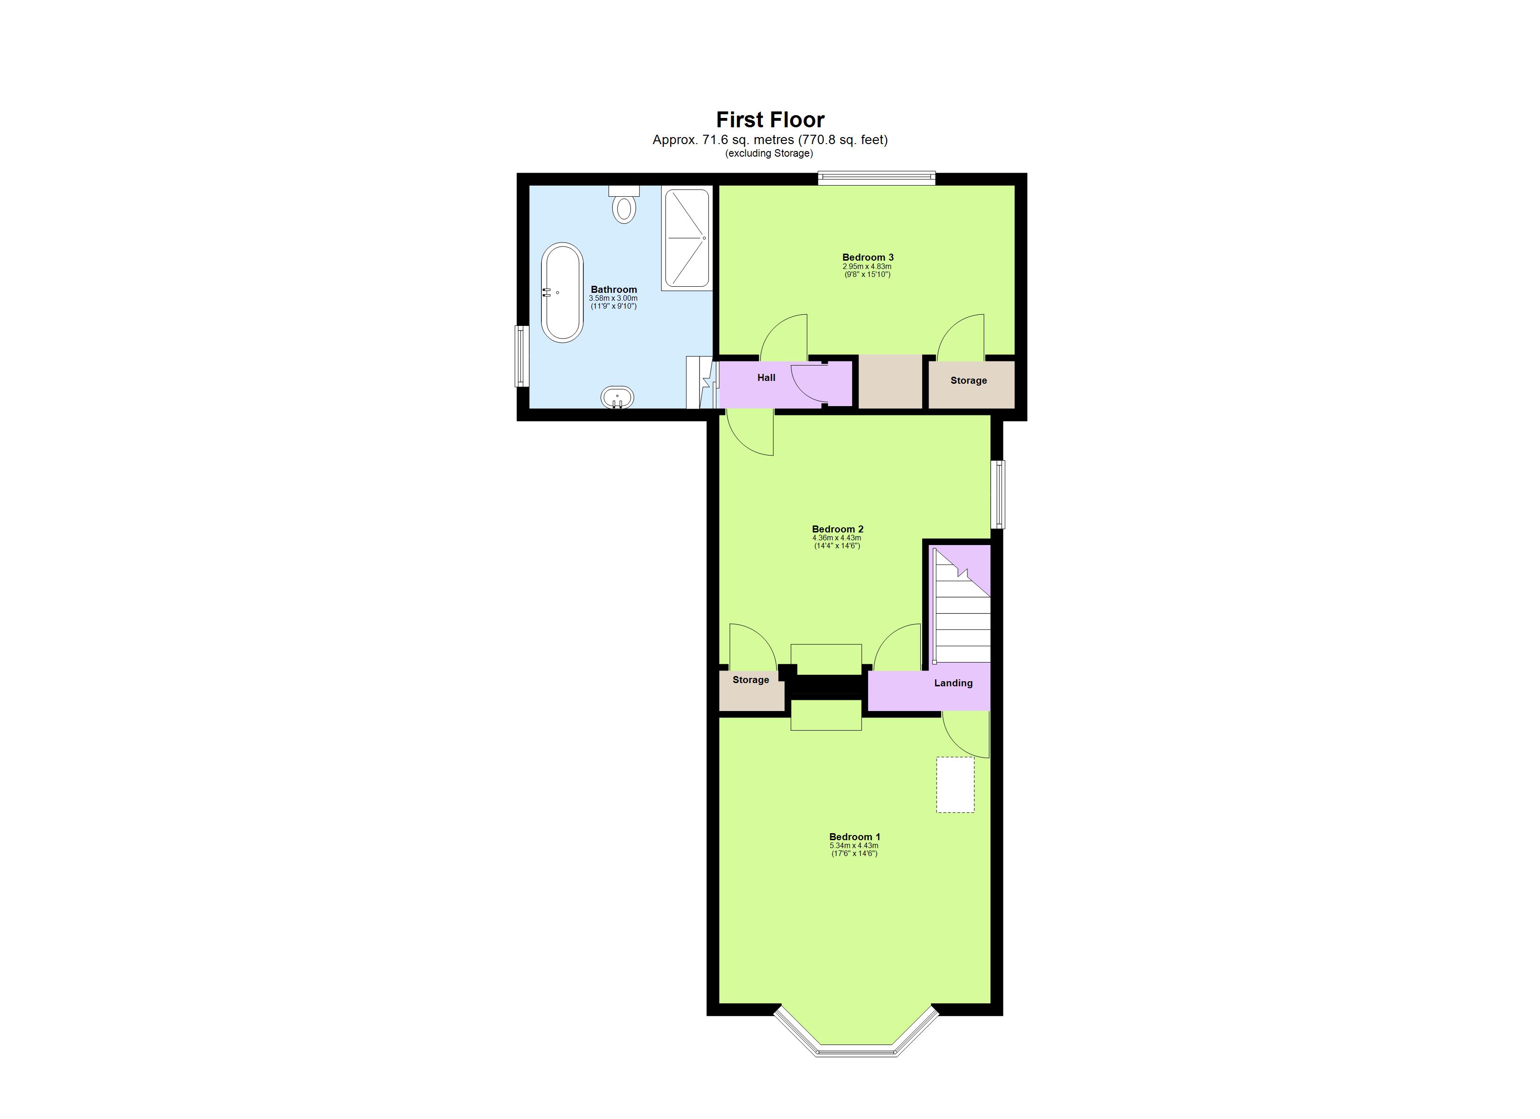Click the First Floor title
770,120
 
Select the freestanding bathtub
561,292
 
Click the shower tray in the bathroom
686,237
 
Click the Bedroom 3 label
867,257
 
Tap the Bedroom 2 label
837,529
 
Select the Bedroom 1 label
854,837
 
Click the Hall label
766,377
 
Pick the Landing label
952,683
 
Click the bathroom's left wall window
521,356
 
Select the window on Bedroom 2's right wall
997,494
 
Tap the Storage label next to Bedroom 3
968,380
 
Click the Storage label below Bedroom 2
750,680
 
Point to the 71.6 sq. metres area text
770,140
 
